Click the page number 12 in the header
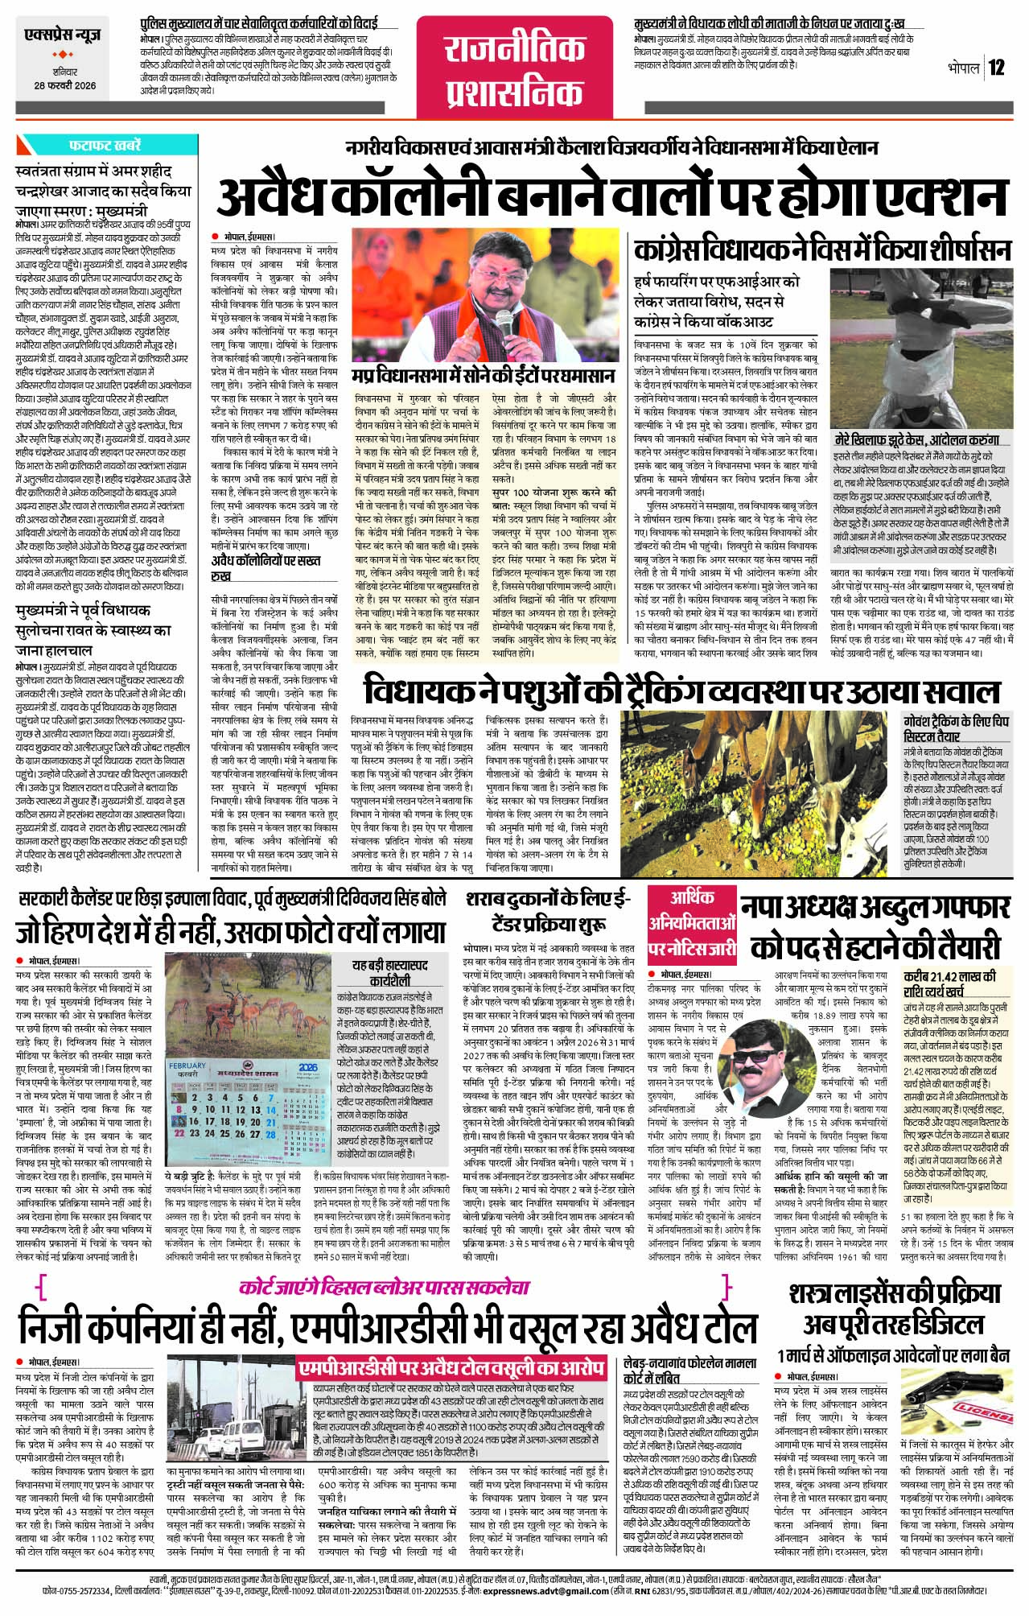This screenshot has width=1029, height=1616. click(x=997, y=67)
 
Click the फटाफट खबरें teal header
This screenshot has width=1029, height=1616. click(x=105, y=146)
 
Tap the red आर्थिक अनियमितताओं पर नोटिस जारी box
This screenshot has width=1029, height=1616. click(x=692, y=923)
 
